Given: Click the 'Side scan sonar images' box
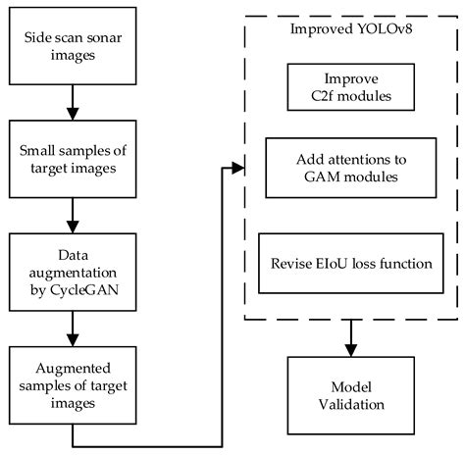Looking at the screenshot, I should click(x=71, y=44).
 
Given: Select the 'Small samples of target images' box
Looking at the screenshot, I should click(x=71, y=160).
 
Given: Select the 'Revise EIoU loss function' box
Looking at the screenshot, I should click(x=352, y=235).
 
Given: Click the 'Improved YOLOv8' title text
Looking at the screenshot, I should click(x=350, y=28).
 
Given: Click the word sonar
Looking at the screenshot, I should click(x=97, y=36).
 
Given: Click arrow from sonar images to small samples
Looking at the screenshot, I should click(x=71, y=102).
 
